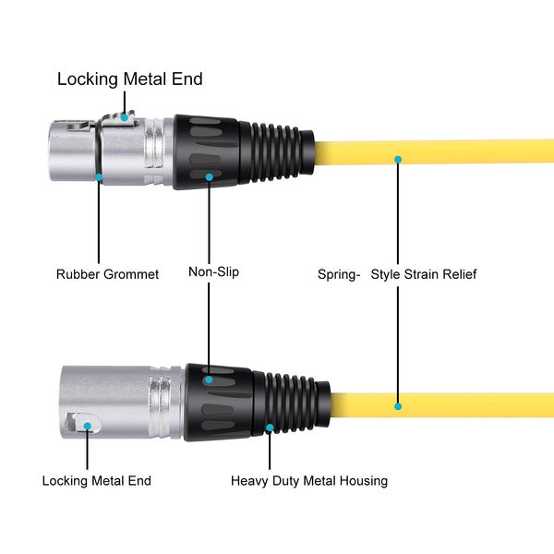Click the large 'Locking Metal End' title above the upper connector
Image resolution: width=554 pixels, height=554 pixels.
tap(130, 78)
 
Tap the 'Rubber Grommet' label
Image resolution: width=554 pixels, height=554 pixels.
tap(107, 274)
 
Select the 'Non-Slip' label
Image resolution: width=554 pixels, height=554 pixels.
tap(214, 271)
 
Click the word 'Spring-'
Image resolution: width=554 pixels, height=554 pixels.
tap(339, 274)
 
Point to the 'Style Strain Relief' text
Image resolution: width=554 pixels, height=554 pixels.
tap(424, 274)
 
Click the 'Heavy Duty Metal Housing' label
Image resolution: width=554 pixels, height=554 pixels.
tap(309, 481)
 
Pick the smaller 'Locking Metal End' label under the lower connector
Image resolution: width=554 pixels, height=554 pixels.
tap(96, 480)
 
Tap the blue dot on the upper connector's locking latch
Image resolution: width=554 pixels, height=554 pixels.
tap(125, 117)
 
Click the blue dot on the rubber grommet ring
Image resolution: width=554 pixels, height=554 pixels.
tap(99, 177)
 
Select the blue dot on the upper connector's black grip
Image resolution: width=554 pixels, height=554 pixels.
tap(210, 177)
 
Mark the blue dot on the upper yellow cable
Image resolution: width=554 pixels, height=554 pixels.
tap(398, 160)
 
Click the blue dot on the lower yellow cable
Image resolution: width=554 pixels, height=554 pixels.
tap(398, 406)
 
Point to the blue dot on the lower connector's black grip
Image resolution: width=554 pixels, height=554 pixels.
tap(209, 379)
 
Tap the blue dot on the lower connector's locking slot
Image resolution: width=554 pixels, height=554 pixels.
tap(88, 426)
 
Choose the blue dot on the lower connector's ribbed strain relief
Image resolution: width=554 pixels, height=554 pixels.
tap(270, 428)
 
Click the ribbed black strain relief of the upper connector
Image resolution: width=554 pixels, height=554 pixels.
tap(276, 152)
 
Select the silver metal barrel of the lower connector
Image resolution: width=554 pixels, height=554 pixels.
tap(123, 403)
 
